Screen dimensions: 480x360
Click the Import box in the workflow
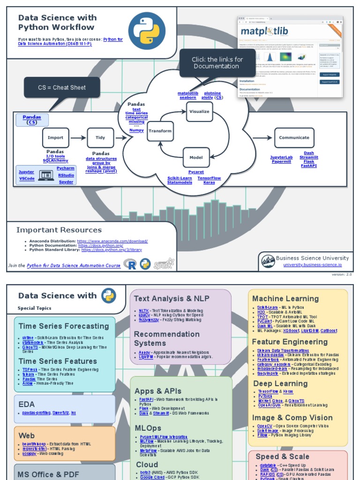click(55, 138)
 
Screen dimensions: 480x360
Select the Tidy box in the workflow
click(100, 138)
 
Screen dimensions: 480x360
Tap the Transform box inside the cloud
click(160, 131)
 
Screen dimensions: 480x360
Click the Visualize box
click(199, 112)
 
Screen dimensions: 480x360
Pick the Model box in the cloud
click(196, 157)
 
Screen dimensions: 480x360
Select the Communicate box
click(294, 138)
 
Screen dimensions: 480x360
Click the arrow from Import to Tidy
click(78, 138)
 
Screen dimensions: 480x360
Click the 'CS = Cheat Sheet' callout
click(62, 88)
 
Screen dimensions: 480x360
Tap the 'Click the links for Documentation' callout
click(217, 63)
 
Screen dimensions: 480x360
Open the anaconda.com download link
click(112, 241)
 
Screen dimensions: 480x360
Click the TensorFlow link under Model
click(209, 178)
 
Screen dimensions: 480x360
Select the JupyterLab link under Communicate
click(281, 157)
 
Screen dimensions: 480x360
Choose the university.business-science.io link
click(312, 265)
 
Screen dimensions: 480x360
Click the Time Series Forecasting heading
click(64, 326)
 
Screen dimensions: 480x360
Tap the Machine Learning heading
click(285, 299)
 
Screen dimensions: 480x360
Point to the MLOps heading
click(148, 428)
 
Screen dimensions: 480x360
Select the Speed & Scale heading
click(283, 457)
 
